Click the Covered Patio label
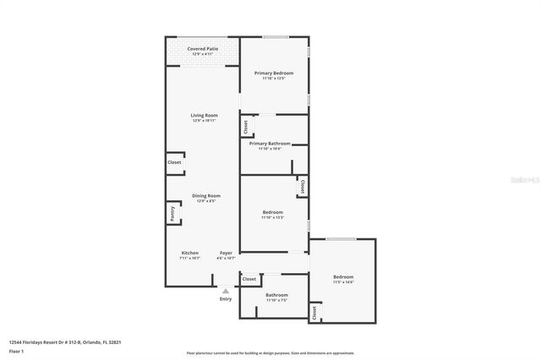point(202,49)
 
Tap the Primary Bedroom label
point(274,74)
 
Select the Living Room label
point(203,115)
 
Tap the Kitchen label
point(189,253)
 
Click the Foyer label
point(226,253)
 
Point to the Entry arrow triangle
point(226,291)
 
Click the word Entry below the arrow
point(226,299)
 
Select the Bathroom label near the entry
point(277,295)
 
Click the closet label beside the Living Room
point(174,162)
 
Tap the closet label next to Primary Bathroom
point(245,128)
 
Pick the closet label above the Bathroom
point(249,279)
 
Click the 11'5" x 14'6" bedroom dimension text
point(343,282)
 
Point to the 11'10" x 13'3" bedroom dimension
point(272,217)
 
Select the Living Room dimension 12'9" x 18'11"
point(203,121)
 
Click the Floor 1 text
point(16,350)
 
